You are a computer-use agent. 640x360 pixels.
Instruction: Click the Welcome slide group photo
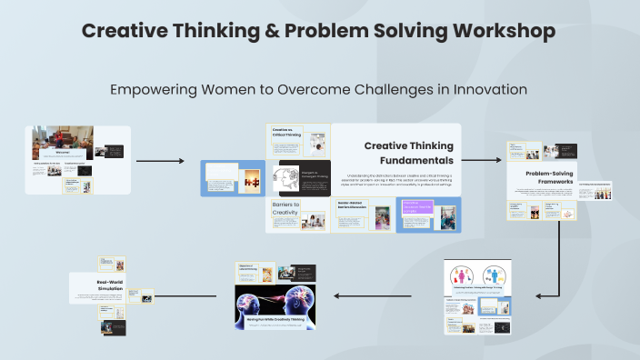62,141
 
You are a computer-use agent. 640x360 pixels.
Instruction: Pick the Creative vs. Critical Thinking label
284,133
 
